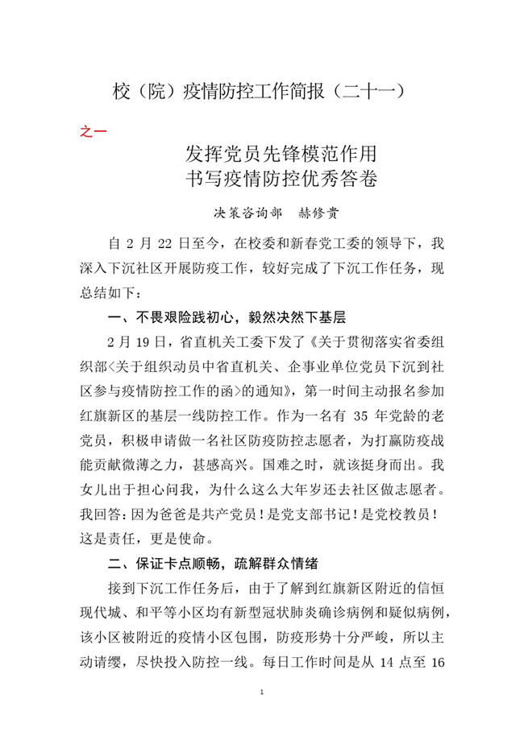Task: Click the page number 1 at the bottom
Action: [x=263, y=692]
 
